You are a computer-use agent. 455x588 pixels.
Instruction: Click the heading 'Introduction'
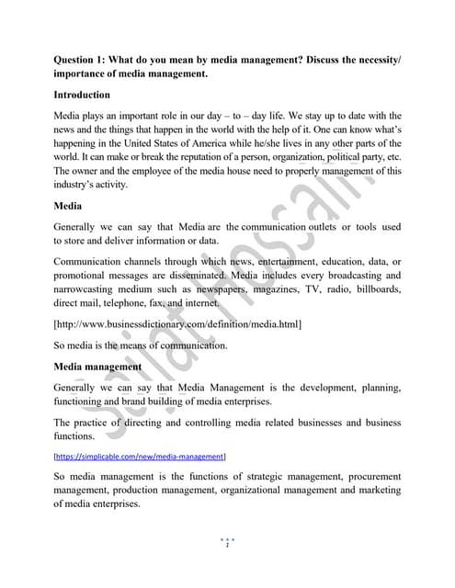pyautogui.click(x=82, y=95)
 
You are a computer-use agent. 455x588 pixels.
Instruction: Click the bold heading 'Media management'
pyautogui.click(x=97, y=367)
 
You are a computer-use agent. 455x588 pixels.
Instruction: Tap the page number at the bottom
pyautogui.click(x=227, y=546)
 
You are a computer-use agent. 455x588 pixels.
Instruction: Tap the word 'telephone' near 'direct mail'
pyautogui.click(x=144, y=302)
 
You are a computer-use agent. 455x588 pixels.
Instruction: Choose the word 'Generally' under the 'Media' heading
pyautogui.click(x=79, y=227)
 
